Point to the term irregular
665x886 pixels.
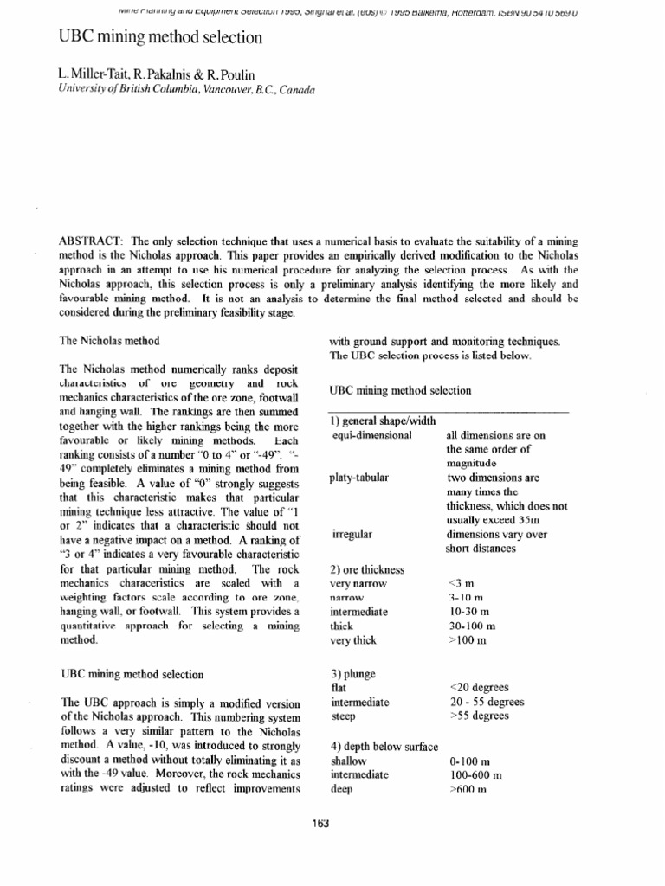click(352, 535)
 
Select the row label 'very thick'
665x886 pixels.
click(353, 641)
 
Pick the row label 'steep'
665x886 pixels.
click(344, 716)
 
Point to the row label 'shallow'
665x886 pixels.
click(349, 761)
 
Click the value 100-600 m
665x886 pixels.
click(476, 775)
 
